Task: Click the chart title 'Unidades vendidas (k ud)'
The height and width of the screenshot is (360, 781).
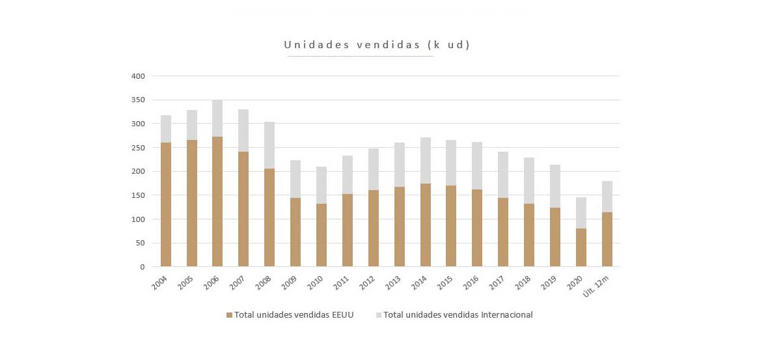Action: (377, 45)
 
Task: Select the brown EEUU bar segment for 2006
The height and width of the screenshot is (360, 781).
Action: (217, 202)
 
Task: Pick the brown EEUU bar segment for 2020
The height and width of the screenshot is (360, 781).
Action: (581, 247)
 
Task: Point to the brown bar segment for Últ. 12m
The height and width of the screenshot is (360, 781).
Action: (607, 239)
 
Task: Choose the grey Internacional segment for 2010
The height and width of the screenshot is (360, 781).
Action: (322, 186)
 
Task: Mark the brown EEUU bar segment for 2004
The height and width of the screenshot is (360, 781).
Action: (166, 204)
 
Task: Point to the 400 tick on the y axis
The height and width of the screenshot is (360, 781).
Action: (139, 76)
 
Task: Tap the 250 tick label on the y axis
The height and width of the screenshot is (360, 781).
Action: (139, 148)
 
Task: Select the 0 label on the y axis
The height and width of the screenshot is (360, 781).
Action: (143, 267)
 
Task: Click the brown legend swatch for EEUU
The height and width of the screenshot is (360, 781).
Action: (229, 315)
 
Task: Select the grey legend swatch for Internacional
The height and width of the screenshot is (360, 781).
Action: (379, 315)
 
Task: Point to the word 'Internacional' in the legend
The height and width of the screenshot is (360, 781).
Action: (506, 315)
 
